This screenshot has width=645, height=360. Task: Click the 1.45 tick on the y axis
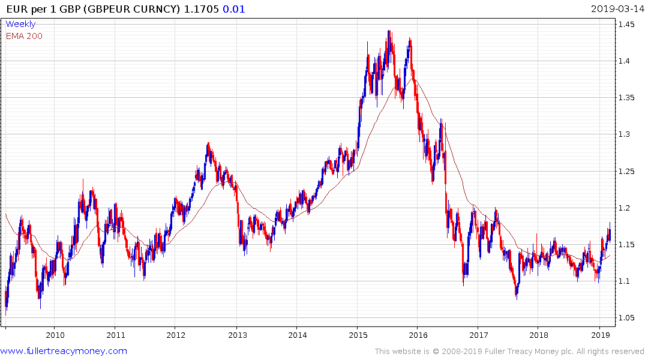[x=628, y=25]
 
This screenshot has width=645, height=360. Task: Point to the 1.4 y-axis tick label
[x=626, y=61]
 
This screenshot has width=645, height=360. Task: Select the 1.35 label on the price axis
[x=628, y=98]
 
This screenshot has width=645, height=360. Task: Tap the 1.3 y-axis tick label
[x=626, y=134]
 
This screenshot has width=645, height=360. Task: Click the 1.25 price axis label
[x=628, y=172]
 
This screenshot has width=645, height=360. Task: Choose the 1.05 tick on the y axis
[x=628, y=318]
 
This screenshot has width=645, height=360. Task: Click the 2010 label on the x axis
[x=55, y=334]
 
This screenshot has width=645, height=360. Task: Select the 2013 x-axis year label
[x=237, y=334]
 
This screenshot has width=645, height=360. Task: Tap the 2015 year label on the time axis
[x=358, y=334]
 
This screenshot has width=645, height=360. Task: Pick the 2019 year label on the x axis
[x=600, y=334]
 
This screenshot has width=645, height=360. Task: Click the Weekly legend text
[x=20, y=24]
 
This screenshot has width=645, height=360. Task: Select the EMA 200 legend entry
[x=24, y=36]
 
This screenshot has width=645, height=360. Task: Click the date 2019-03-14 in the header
[x=617, y=8]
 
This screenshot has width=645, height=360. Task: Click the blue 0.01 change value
[x=235, y=8]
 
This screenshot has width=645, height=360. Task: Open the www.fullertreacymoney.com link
[x=64, y=351]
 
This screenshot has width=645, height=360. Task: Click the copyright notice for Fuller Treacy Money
[x=509, y=351]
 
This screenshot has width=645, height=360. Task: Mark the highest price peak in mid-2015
[x=389, y=31]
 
